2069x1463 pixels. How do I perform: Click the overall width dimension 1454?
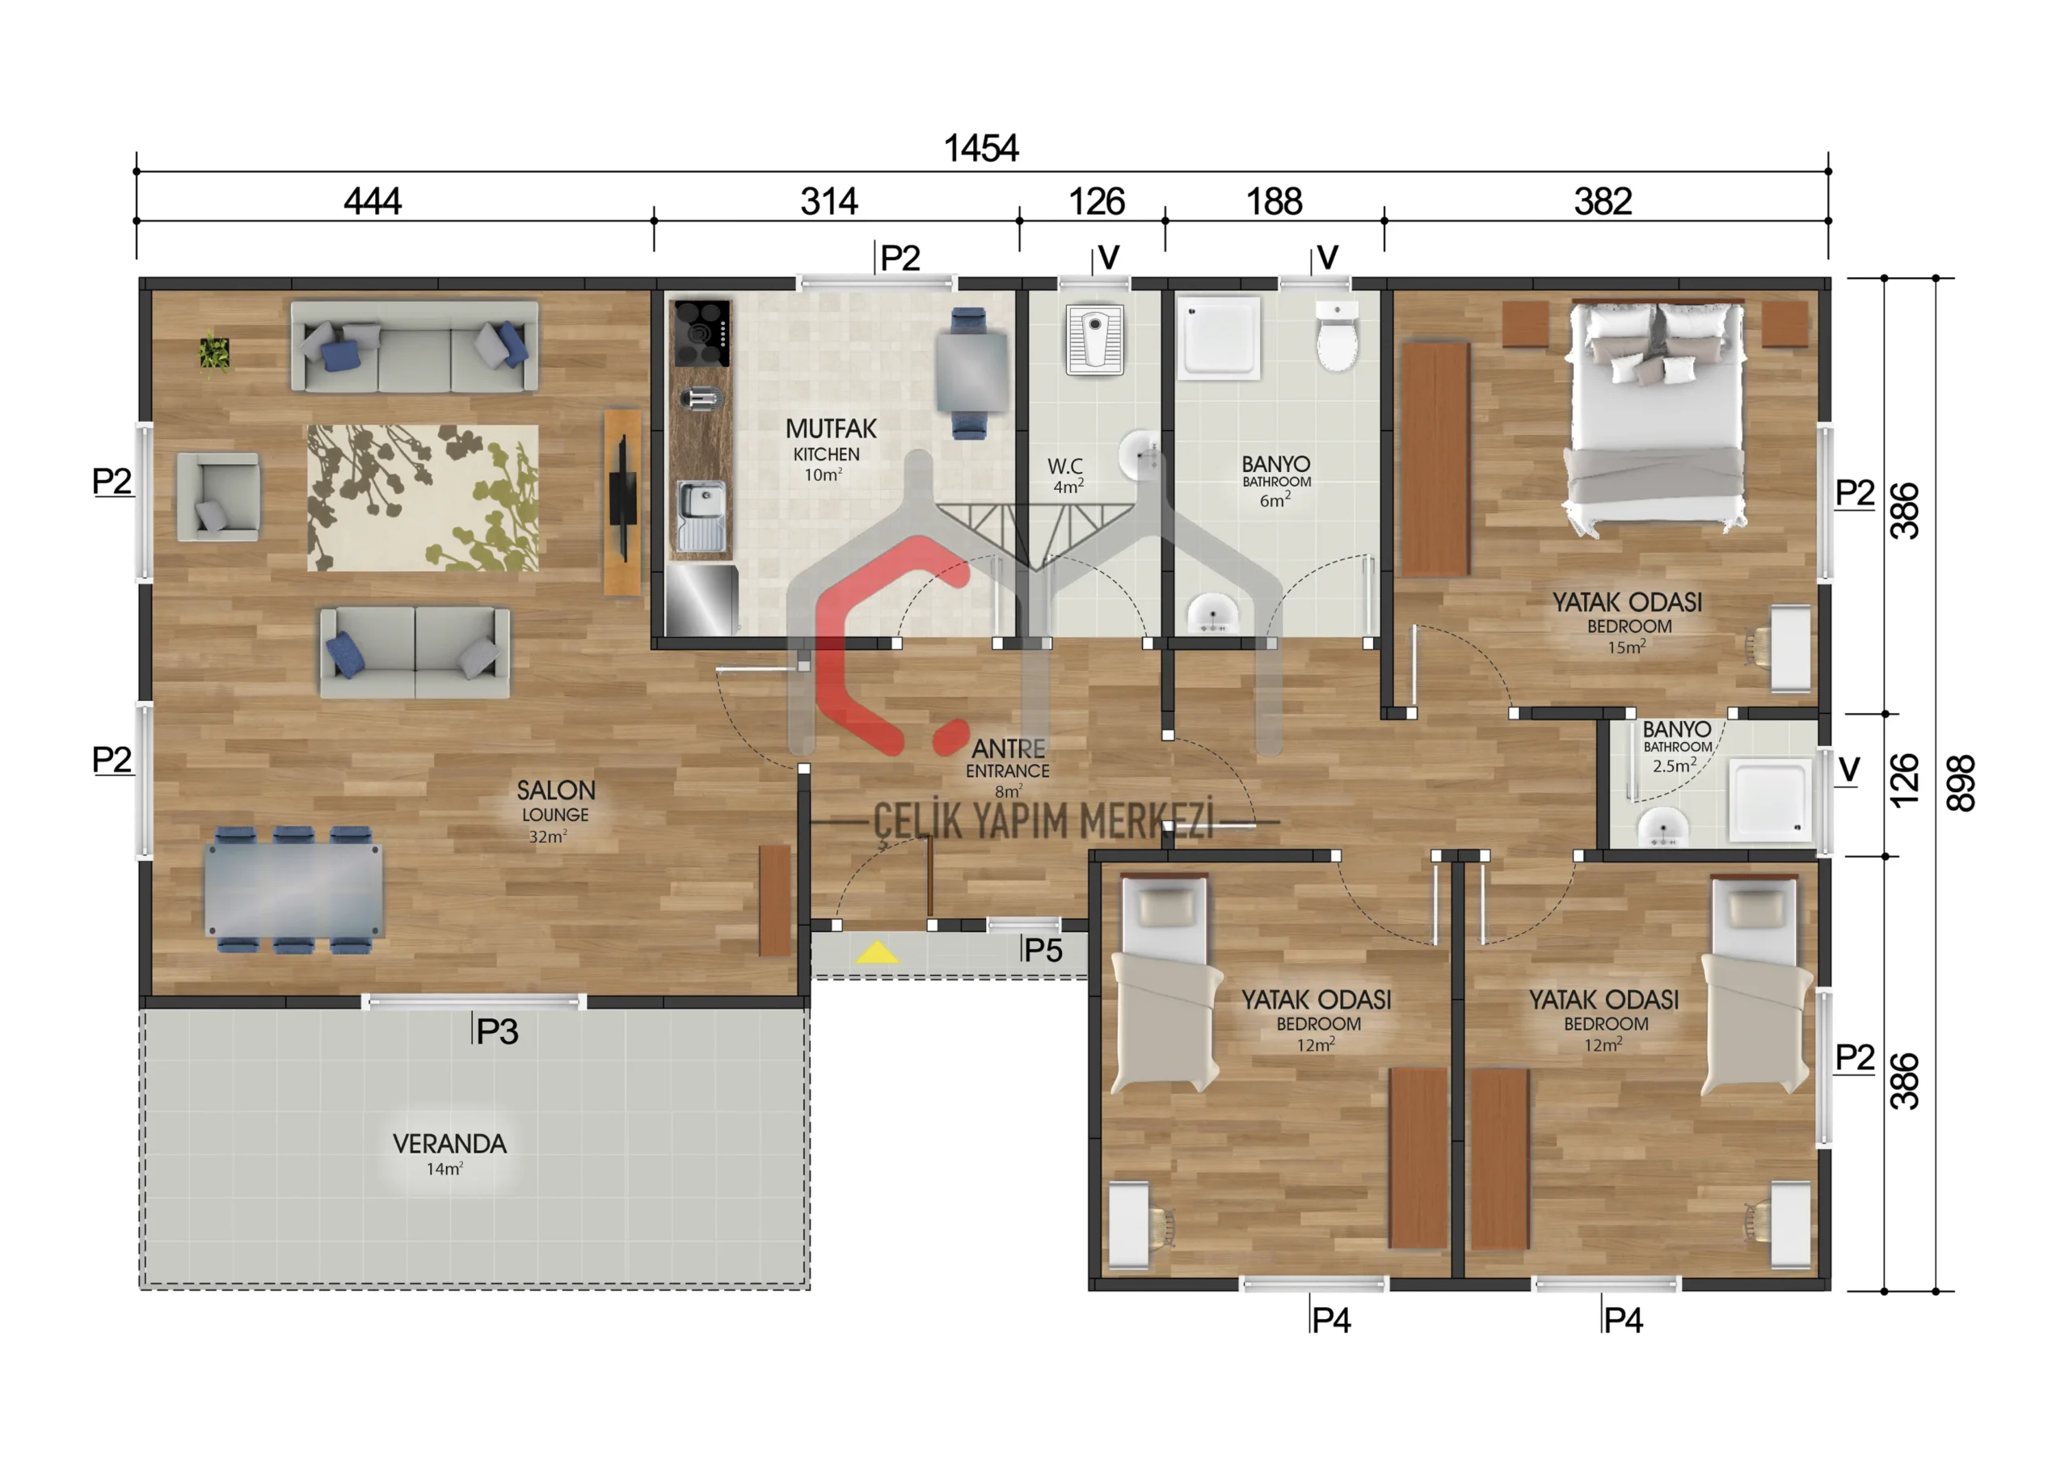(980, 148)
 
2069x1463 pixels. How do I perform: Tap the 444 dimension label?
(372, 200)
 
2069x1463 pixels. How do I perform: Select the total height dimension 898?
(1961, 782)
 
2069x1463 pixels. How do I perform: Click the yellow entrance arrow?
(876, 952)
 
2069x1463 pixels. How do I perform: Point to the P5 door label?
(1043, 950)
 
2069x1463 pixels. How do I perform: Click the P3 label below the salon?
(496, 1031)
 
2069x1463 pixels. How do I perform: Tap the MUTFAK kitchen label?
(830, 428)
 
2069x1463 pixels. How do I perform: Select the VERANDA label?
(449, 1144)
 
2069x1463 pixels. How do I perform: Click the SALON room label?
(555, 791)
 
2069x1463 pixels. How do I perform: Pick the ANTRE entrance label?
(1008, 748)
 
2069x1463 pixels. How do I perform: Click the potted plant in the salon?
(214, 352)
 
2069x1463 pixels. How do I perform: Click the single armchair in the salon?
(219, 496)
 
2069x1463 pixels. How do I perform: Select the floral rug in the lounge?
(423, 499)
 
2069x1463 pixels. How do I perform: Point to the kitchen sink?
(701, 516)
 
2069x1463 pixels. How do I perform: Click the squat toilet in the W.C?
(1095, 339)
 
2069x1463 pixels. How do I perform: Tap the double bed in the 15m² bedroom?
(1656, 415)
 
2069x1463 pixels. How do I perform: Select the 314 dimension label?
(828, 200)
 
